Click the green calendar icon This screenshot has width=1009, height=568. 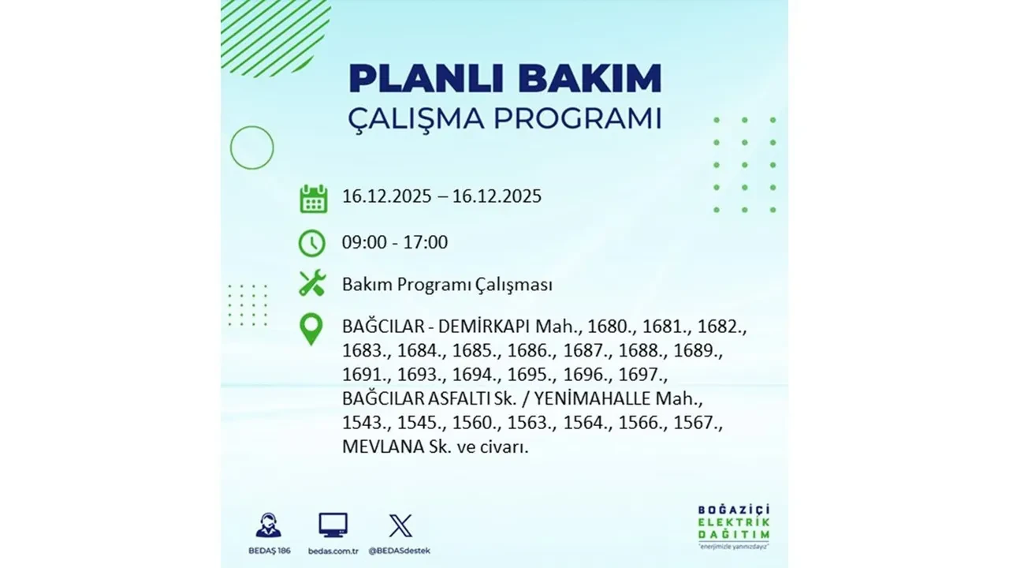pyautogui.click(x=313, y=198)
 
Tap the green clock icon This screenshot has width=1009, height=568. pyautogui.click(x=312, y=243)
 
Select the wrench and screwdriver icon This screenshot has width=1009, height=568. pyautogui.click(x=312, y=284)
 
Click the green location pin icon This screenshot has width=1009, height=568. pyautogui.click(x=312, y=330)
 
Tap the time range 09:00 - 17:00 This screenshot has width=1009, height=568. pyautogui.click(x=394, y=242)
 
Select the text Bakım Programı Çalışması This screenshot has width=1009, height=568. pyautogui.click(x=447, y=285)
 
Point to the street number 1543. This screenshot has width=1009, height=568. pyautogui.click(x=365, y=424)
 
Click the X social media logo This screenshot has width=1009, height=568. pyautogui.click(x=400, y=525)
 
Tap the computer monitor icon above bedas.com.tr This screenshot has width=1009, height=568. pyautogui.click(x=333, y=525)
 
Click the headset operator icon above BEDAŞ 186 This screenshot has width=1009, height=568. pyautogui.click(x=268, y=525)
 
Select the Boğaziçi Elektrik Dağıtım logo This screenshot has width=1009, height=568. pyautogui.click(x=734, y=525)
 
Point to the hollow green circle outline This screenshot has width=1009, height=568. pyautogui.click(x=251, y=148)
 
